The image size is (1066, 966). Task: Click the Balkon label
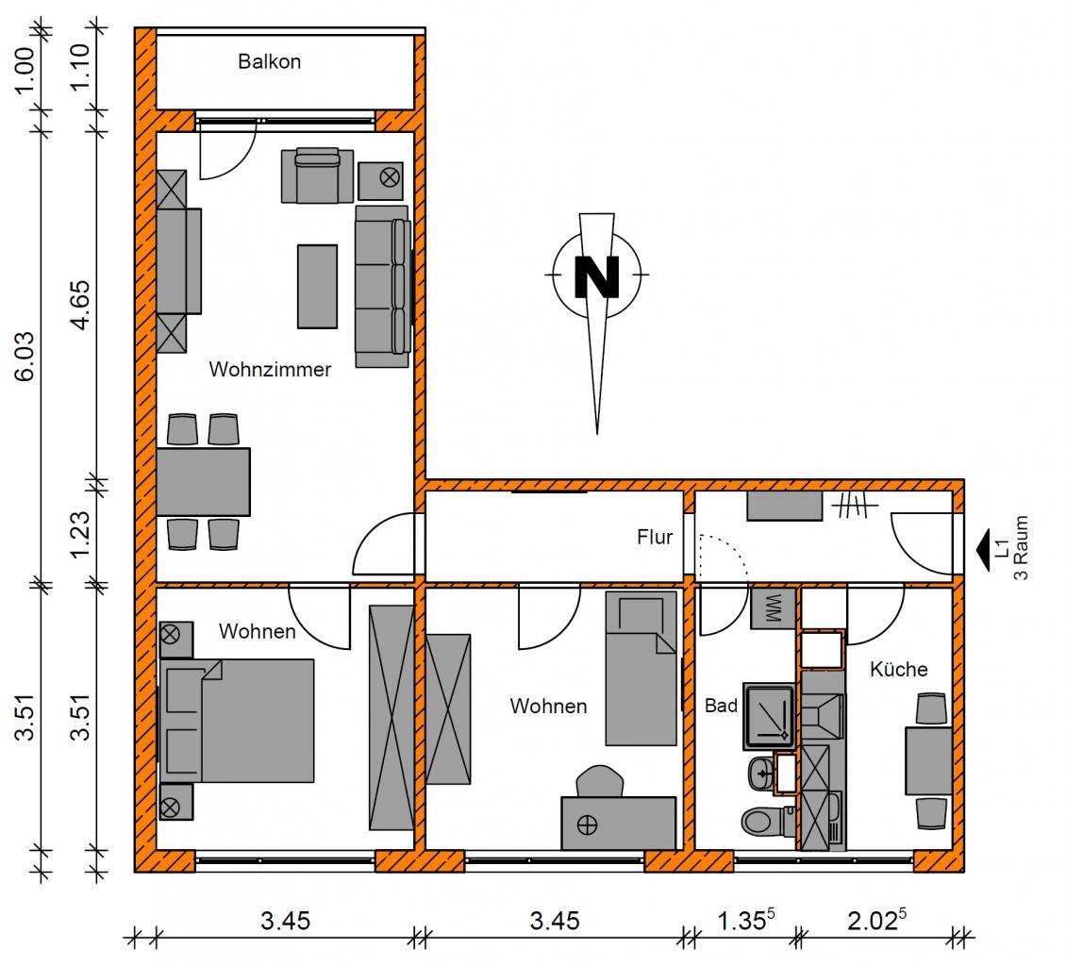[x=269, y=62]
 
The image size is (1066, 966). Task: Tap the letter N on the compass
[x=597, y=276]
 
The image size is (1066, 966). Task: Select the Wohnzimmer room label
[x=270, y=369]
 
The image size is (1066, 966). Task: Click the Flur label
[x=655, y=537]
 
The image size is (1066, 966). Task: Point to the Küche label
[x=899, y=670]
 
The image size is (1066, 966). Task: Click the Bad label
[x=721, y=706]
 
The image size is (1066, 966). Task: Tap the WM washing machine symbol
[x=773, y=608]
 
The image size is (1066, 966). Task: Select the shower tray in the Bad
[x=770, y=716]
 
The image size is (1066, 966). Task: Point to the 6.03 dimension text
[x=25, y=357]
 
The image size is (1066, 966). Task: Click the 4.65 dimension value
[x=80, y=306]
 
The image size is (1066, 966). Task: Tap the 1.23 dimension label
[x=80, y=534]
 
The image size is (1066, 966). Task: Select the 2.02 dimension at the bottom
[x=877, y=920]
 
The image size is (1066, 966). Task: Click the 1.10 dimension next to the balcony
[x=80, y=67]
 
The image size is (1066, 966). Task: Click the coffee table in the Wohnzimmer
[x=318, y=287]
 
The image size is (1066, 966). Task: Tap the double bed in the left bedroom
[x=237, y=721]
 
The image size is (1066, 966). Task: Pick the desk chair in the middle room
[x=600, y=781]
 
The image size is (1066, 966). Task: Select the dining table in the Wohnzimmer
[x=203, y=481]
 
